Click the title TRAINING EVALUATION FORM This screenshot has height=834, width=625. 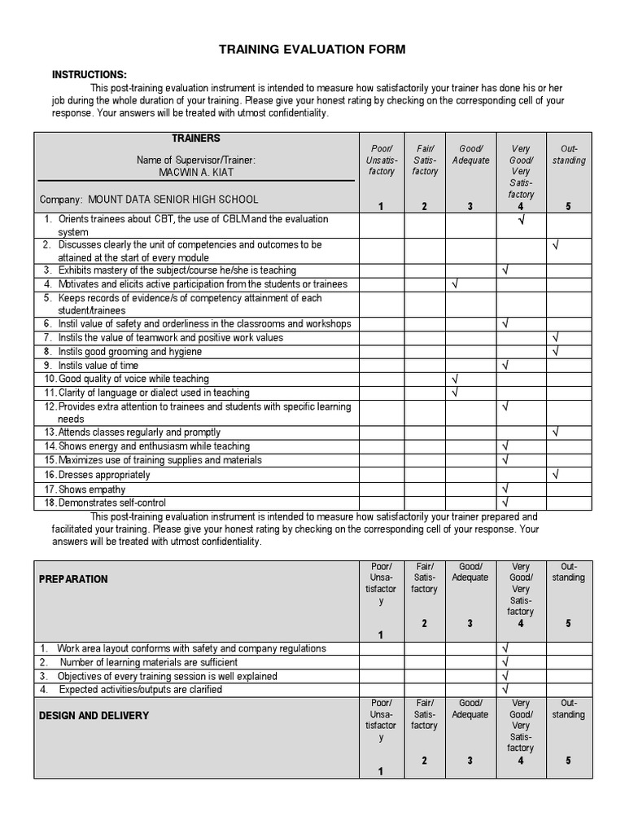click(312, 50)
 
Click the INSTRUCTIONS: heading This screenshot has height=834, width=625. click(90, 74)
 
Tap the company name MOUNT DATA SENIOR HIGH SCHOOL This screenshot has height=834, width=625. click(173, 200)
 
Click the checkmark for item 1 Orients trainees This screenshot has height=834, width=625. click(521, 220)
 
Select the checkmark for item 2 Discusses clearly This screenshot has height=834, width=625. click(556, 244)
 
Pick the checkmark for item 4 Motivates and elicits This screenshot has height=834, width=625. click(454, 284)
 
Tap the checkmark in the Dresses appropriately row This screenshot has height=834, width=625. click(556, 474)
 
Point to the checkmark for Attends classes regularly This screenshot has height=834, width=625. click(556, 432)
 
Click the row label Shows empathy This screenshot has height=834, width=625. click(91, 489)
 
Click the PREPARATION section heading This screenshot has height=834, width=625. click(74, 579)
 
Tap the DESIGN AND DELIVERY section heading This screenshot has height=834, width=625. click(94, 715)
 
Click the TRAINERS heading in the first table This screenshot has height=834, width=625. click(195, 138)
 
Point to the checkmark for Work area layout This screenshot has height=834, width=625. click(506, 648)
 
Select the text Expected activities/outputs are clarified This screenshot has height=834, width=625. click(140, 690)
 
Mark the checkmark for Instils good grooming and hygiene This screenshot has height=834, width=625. click(556, 352)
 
